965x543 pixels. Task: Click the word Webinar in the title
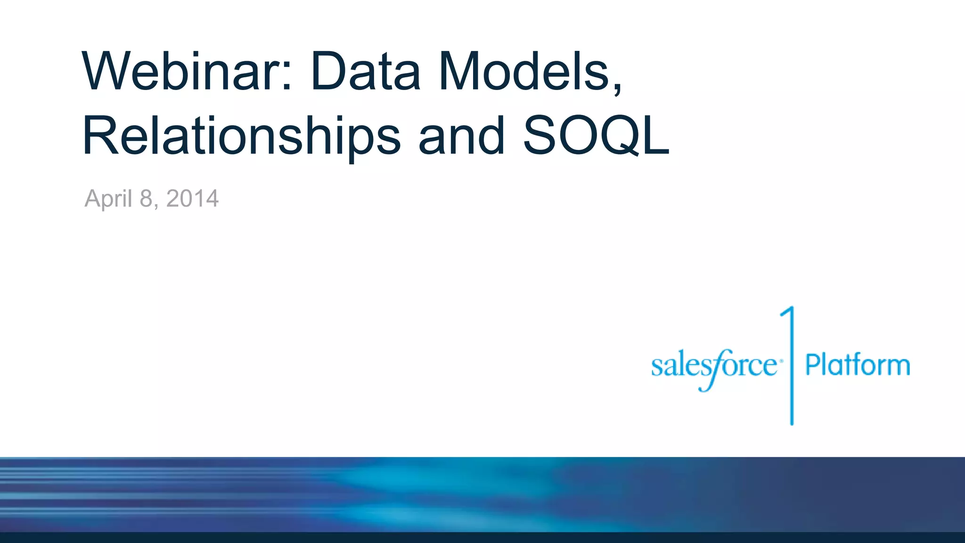point(182,72)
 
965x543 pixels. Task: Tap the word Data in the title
point(366,72)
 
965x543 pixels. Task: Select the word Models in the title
point(525,72)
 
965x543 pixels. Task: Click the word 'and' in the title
point(461,137)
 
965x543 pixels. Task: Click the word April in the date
point(108,199)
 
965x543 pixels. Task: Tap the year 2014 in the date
point(192,198)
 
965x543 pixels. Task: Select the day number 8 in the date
point(146,198)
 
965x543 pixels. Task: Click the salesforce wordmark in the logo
point(714,367)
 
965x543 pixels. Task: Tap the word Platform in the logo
point(858,365)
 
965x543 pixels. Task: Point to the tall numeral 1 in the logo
point(790,365)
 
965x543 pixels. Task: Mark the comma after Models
point(617,87)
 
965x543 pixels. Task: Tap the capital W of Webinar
point(106,72)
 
